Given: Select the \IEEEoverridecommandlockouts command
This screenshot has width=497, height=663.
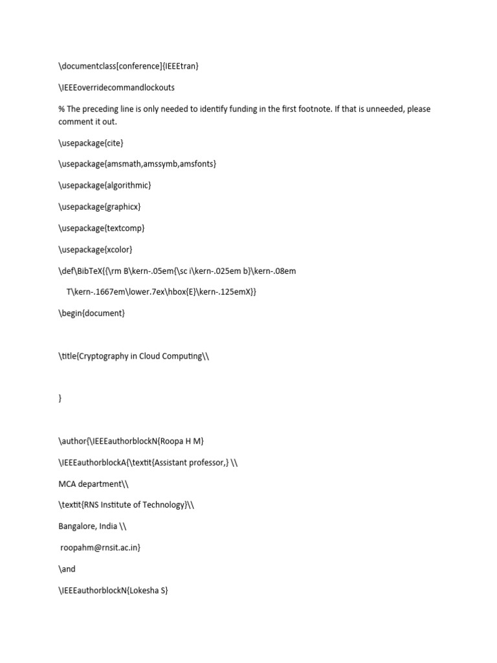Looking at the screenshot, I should tap(116, 87).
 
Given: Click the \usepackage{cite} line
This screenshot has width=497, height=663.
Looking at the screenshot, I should tap(91, 142).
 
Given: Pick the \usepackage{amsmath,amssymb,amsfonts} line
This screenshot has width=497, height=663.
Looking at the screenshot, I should tap(137, 164).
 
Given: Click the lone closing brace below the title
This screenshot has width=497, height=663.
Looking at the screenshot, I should tap(60, 399).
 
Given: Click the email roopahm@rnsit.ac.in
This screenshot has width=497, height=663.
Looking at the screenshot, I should tap(99, 548).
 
